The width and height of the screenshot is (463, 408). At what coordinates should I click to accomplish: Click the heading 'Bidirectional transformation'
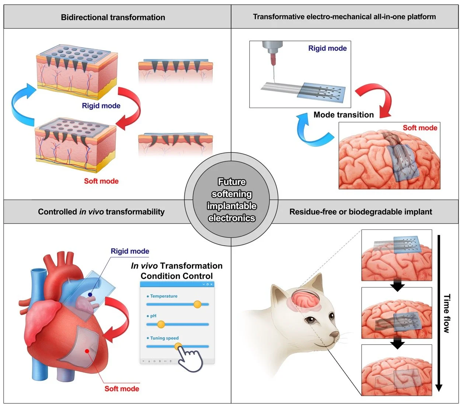pyautogui.click(x=113, y=17)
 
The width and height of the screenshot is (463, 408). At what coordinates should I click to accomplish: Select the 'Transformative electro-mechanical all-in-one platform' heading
pyautogui.click(x=344, y=17)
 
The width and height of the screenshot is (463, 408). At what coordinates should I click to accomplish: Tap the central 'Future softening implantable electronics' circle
pyautogui.click(x=231, y=200)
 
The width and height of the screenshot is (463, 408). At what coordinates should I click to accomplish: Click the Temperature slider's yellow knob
pyautogui.click(x=197, y=304)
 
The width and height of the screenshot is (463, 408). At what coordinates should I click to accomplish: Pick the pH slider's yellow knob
pyautogui.click(x=161, y=324)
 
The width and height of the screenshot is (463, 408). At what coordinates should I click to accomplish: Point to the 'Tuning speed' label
pyautogui.click(x=164, y=338)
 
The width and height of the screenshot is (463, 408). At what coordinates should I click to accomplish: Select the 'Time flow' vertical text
pyautogui.click(x=446, y=314)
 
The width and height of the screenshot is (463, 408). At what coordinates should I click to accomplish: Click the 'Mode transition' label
pyautogui.click(x=344, y=115)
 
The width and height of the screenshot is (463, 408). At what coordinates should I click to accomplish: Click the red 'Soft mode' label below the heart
pyautogui.click(x=122, y=388)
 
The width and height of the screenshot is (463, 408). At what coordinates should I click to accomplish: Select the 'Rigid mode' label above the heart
pyautogui.click(x=130, y=251)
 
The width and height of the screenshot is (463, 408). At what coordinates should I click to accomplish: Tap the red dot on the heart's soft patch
pyautogui.click(x=87, y=351)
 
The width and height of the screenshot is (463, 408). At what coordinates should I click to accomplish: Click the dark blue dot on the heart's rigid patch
pyautogui.click(x=90, y=295)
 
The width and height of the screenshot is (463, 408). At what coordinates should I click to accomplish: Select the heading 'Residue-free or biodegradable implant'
pyautogui.click(x=361, y=212)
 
